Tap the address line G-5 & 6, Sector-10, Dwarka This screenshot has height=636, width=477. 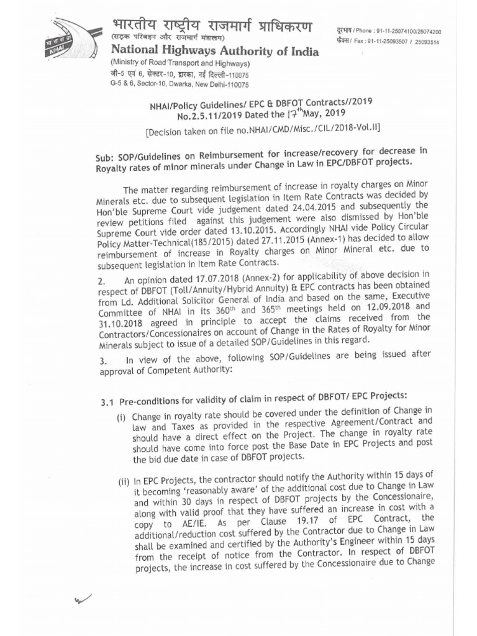click(179, 84)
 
